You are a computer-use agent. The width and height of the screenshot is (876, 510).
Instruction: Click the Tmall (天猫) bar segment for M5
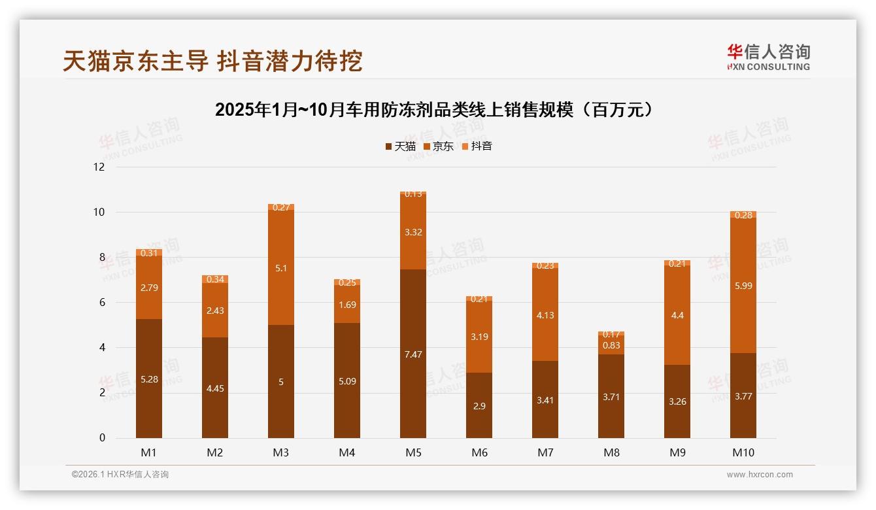(413, 353)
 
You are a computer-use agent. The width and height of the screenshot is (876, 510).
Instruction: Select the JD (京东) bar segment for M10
(743, 285)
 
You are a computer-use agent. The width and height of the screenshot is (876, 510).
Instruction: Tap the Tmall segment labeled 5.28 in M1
(149, 378)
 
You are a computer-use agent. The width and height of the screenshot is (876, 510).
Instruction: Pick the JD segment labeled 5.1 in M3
(281, 267)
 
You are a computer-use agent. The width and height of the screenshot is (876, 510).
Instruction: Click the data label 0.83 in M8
(611, 345)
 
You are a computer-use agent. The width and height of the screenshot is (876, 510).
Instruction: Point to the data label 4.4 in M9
(677, 315)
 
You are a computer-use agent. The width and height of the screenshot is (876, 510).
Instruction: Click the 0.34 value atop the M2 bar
(215, 279)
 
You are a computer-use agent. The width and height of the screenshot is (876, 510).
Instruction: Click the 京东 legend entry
(439, 146)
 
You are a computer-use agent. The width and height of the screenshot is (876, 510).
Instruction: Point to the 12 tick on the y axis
(99, 167)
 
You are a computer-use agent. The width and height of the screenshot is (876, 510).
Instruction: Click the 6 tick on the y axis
(101, 302)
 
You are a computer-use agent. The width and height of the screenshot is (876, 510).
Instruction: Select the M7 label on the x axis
(545, 452)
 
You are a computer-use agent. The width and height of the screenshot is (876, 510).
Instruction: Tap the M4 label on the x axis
(347, 452)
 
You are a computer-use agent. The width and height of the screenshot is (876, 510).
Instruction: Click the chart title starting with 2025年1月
(434, 110)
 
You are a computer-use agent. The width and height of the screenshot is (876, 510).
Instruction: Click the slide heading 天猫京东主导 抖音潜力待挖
(212, 61)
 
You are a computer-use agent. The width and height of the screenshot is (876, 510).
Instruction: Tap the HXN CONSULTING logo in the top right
(768, 57)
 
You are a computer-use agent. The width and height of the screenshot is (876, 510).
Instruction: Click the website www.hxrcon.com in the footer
(760, 475)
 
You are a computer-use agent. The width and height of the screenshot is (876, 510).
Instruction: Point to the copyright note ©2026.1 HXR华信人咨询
(120, 475)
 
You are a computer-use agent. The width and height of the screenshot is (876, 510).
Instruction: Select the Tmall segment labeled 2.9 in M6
(479, 405)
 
